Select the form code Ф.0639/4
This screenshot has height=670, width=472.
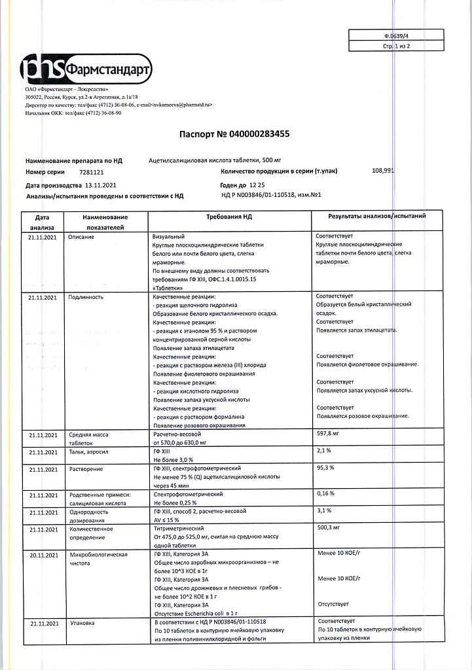pos(397,35)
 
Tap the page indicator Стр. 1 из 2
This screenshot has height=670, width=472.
pos(396,47)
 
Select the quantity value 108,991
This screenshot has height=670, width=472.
pos(383,171)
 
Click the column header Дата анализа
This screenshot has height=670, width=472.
pos(42,222)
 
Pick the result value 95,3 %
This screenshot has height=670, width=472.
pos(325,468)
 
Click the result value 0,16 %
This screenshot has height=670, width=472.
pos(326,493)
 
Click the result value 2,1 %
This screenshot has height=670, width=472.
pos(324,451)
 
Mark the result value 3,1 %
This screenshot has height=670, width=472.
pos(324,510)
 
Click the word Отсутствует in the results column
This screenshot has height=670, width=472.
pos(333,603)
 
